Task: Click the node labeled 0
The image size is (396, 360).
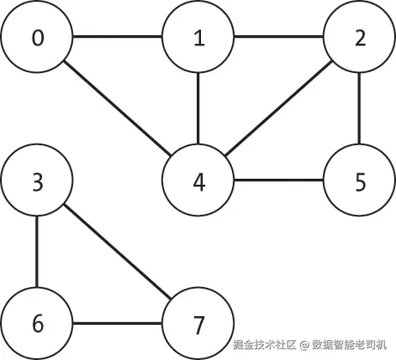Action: point(37,37)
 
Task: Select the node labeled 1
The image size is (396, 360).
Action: point(198,37)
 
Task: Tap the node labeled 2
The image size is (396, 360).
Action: point(360,37)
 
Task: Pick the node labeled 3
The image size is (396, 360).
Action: point(37,180)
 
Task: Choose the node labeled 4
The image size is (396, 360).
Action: point(198,180)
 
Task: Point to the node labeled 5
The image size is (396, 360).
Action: point(360,180)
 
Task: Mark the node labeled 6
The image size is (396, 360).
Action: point(37,323)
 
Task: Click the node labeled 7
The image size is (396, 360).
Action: point(198,323)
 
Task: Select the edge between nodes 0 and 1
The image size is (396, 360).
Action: point(118,37)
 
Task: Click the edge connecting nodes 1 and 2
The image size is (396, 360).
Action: point(279,37)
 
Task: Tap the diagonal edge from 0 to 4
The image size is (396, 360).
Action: point(118,108)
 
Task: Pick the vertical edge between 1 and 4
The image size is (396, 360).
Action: point(198,108)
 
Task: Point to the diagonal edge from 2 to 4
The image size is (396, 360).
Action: point(278,108)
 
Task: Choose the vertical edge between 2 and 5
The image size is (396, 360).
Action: point(360,108)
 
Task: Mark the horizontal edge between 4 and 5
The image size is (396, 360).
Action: point(279,180)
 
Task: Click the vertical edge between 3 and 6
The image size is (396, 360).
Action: point(37,252)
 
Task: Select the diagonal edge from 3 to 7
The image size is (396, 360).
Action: point(118,252)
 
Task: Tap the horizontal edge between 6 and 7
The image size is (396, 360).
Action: point(118,323)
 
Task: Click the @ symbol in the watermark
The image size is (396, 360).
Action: point(304,345)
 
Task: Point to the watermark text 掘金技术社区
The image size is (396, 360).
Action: point(264,345)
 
